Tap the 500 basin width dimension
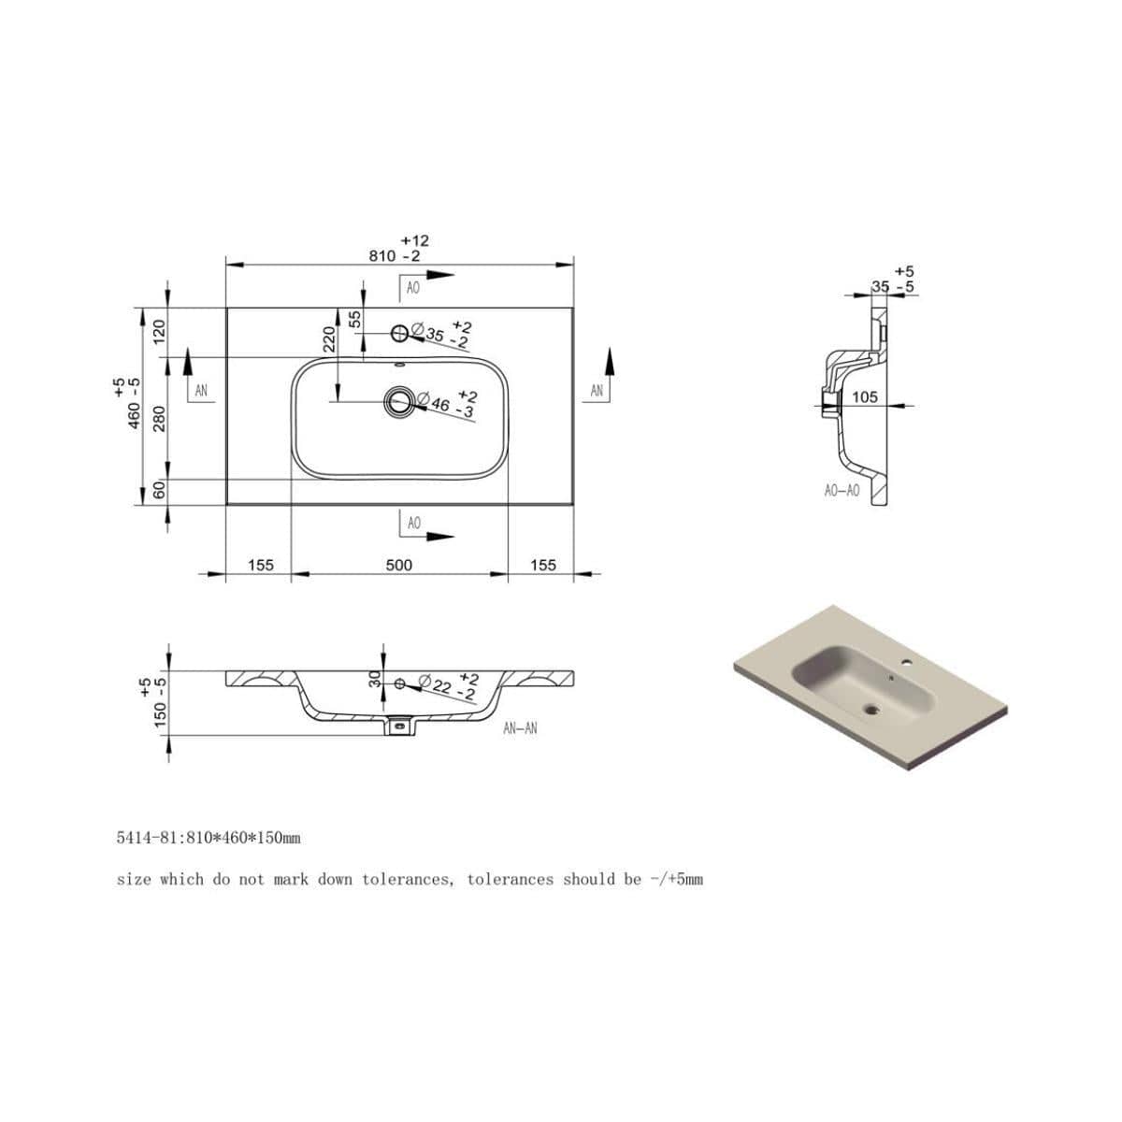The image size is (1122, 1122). click(x=399, y=565)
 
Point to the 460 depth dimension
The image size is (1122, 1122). click(x=134, y=404)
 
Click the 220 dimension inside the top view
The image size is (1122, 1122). click(x=329, y=338)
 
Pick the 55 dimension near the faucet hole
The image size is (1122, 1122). click(x=354, y=319)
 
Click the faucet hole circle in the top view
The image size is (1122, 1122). click(x=399, y=334)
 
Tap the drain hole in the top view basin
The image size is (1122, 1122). click(x=399, y=401)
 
